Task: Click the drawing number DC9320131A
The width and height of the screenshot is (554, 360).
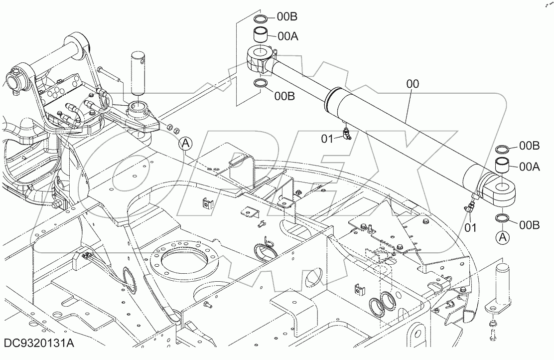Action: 39,344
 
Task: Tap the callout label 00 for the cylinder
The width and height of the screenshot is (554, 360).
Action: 413,85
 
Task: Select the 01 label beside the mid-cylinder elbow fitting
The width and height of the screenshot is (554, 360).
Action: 327,139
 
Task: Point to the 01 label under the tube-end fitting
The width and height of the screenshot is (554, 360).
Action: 470,228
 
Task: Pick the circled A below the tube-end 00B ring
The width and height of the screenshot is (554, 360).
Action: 503,237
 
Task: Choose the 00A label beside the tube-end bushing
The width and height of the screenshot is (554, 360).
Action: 529,167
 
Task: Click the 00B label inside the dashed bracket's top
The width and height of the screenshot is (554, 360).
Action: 287,17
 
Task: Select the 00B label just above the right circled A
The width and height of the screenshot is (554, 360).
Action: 529,225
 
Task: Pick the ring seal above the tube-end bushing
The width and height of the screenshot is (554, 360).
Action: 502,149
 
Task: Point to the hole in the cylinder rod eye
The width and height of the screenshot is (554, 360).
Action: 260,52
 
